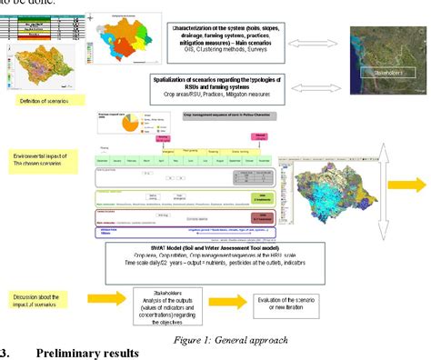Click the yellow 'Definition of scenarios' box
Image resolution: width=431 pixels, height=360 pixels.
click(37, 100)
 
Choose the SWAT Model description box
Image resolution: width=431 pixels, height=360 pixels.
click(239, 257)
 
